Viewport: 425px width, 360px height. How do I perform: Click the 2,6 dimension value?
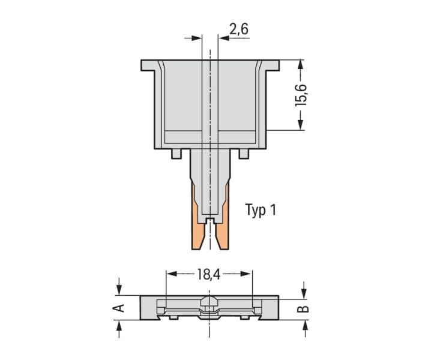(239, 29)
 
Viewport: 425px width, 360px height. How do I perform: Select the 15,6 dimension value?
(301, 95)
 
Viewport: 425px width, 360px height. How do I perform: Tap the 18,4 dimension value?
(209, 274)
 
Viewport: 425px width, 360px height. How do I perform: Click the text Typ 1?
(261, 210)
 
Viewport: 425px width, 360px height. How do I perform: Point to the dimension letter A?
(118, 308)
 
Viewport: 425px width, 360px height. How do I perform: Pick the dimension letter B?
(303, 309)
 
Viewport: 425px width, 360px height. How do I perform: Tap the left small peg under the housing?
(176, 154)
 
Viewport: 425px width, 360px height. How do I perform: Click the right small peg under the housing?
(244, 154)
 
